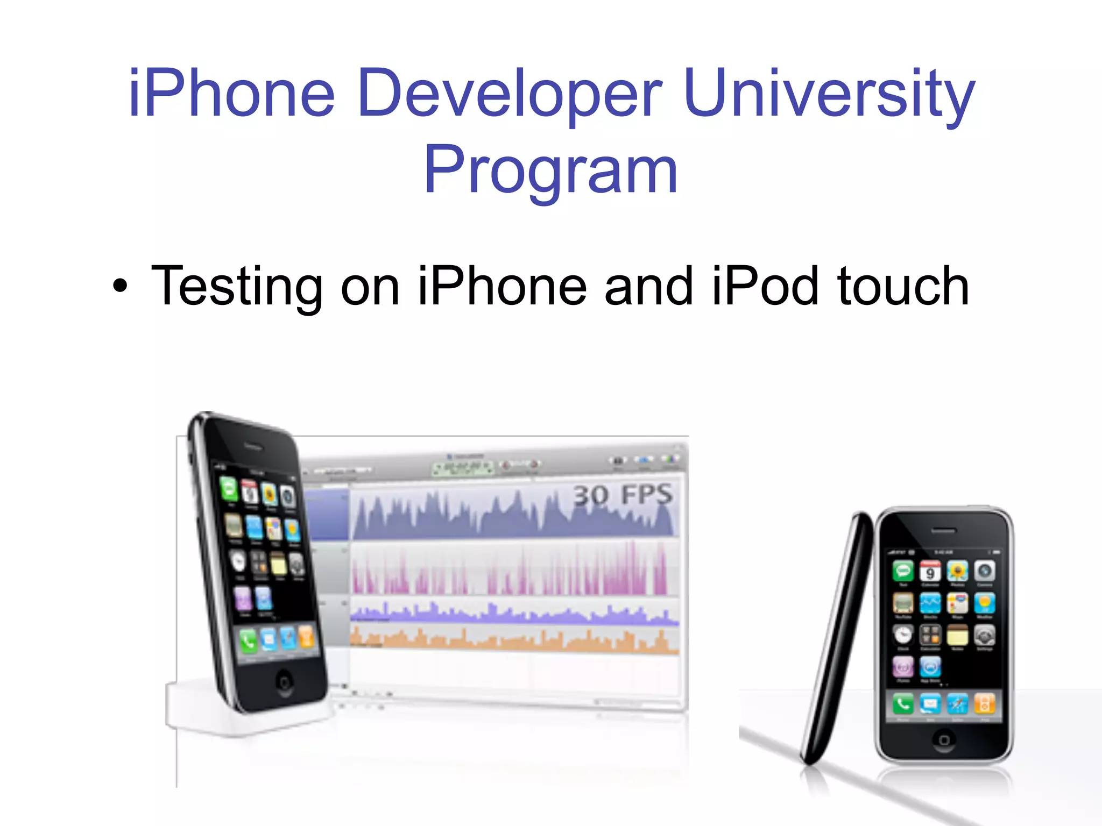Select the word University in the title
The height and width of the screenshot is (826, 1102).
coord(830,92)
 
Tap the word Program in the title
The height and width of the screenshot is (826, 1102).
coord(550,169)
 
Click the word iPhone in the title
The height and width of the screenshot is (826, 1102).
coord(232,92)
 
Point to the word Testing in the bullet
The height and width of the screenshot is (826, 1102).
coord(237,286)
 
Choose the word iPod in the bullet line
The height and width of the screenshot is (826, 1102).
coord(765,286)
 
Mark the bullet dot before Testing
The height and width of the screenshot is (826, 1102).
coord(121,286)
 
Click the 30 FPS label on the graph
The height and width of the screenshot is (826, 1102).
coord(622,495)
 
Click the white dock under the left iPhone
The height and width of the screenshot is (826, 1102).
coord(215,710)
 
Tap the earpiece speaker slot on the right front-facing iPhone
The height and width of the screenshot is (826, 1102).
coord(943,531)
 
